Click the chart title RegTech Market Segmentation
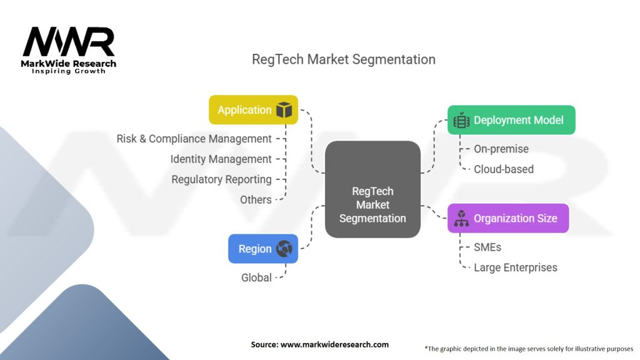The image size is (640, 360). (343, 59)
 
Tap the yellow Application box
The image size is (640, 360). (253, 110)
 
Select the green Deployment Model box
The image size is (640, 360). (511, 120)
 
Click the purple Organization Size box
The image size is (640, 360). (508, 219)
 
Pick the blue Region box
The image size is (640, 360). (262, 249)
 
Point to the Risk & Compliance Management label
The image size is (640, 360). (194, 139)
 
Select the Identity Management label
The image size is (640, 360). (221, 159)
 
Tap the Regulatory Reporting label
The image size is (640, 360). (222, 179)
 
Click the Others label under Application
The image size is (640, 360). (256, 200)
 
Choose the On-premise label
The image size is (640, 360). (501, 149)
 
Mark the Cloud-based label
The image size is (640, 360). (504, 169)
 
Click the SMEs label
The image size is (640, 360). (487, 247)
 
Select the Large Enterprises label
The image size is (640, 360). (516, 267)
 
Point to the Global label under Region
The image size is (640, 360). (257, 277)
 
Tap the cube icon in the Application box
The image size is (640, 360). (284, 110)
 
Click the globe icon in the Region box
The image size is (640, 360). (284, 249)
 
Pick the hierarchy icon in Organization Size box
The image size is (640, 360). (462, 219)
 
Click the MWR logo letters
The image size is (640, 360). (69, 42)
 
